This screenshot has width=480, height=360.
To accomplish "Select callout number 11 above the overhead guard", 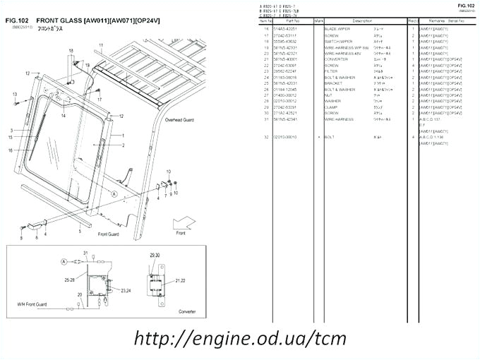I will point(101,45).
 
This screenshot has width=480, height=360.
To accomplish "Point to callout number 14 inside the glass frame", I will point(63,114).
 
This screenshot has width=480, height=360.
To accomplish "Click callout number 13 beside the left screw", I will point(14,94).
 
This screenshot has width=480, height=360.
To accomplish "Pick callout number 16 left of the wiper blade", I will point(11,150).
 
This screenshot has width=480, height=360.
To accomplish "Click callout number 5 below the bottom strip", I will point(79,231).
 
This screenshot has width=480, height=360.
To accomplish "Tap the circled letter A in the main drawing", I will point(114,193).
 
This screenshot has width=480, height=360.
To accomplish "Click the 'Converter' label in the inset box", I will point(187,310).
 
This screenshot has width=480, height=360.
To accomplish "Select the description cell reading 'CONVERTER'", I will point(337,59).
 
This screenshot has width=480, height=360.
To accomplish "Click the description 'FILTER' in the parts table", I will point(332,71).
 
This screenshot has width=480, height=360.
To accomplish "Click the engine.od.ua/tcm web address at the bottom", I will point(240,337).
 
